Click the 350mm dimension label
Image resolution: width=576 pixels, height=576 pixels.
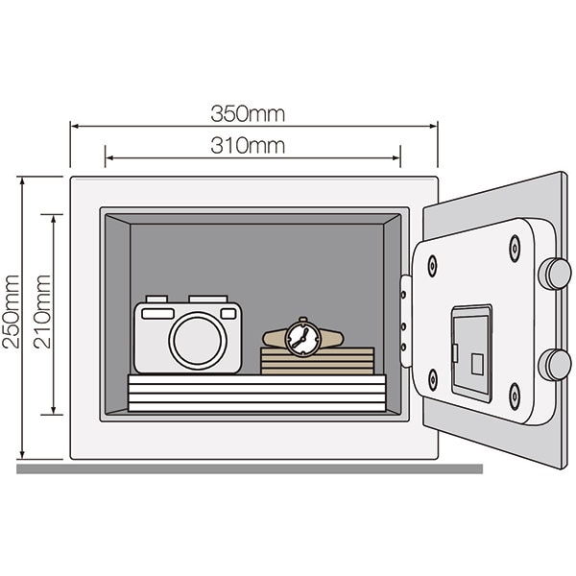tap(248, 114)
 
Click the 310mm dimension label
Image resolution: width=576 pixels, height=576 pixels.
tap(248, 146)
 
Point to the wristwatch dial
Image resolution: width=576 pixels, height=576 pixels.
tap(302, 337)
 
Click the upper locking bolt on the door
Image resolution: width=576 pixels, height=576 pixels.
tap(555, 274)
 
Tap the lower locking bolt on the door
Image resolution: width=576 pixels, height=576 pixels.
tap(555, 364)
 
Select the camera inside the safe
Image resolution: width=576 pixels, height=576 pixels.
tap(187, 334)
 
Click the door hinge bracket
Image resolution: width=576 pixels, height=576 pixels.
tap(406, 321)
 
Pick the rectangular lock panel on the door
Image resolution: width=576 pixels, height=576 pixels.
tap(471, 352)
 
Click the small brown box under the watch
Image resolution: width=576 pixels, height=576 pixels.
tap(317, 361)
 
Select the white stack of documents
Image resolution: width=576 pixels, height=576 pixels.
tap(256, 393)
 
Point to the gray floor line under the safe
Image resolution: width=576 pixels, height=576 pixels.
tap(250, 468)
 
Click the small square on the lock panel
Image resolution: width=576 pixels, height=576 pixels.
tap(477, 364)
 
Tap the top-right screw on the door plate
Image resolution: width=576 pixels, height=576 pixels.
tap(515, 248)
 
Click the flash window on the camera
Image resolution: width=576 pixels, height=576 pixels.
tap(156, 313)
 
